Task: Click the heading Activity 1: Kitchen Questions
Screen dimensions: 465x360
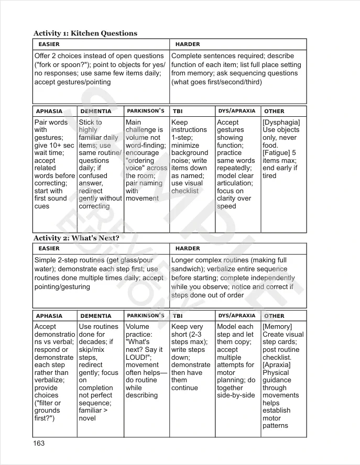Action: (x=85, y=34)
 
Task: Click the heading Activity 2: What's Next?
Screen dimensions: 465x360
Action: (x=76, y=238)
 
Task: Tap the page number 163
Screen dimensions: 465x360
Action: (x=39, y=444)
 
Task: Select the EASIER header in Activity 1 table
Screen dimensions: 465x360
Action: (x=49, y=45)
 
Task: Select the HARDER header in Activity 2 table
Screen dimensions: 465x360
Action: (x=188, y=249)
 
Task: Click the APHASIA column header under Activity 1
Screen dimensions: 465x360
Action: (x=49, y=112)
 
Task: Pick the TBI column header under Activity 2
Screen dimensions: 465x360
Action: (x=178, y=316)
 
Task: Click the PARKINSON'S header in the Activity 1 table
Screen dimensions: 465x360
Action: (x=146, y=111)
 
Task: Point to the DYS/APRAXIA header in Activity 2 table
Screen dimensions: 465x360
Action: (x=237, y=316)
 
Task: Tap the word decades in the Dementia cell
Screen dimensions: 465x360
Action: (x=92, y=342)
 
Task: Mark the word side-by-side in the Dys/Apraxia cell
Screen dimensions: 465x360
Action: (x=236, y=395)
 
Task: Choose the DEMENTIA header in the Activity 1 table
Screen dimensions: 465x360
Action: (x=95, y=112)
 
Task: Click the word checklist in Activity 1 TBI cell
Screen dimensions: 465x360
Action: (x=185, y=191)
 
